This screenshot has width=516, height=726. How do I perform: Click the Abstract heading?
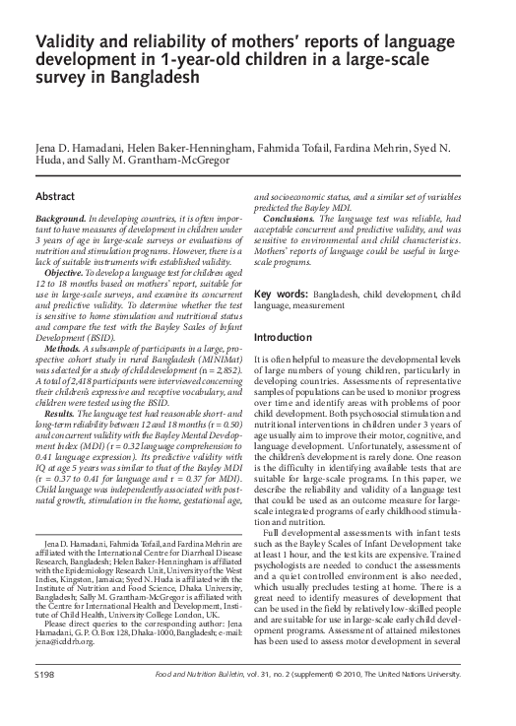(55, 197)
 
